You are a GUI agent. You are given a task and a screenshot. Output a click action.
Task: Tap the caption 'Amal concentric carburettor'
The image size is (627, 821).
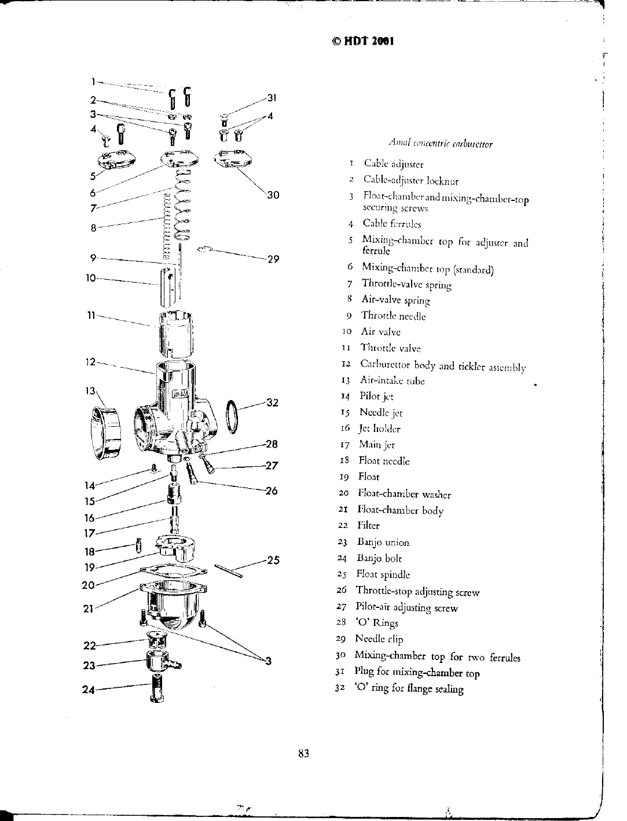coord(440,143)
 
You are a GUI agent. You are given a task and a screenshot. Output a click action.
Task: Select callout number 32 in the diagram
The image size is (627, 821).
coord(272,402)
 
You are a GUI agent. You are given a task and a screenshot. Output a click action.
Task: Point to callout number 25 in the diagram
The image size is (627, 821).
coord(273,560)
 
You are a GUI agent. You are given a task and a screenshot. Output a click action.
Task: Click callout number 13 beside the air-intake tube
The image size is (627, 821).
coord(90,391)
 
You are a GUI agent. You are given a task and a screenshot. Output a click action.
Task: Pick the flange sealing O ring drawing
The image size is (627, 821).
coord(230,416)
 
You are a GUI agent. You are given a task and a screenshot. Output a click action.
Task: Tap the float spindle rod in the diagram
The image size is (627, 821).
coord(228,571)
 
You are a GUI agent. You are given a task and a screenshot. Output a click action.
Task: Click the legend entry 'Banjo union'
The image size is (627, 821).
coord(383,543)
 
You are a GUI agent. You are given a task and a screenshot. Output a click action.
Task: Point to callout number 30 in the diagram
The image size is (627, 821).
coord(273,195)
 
